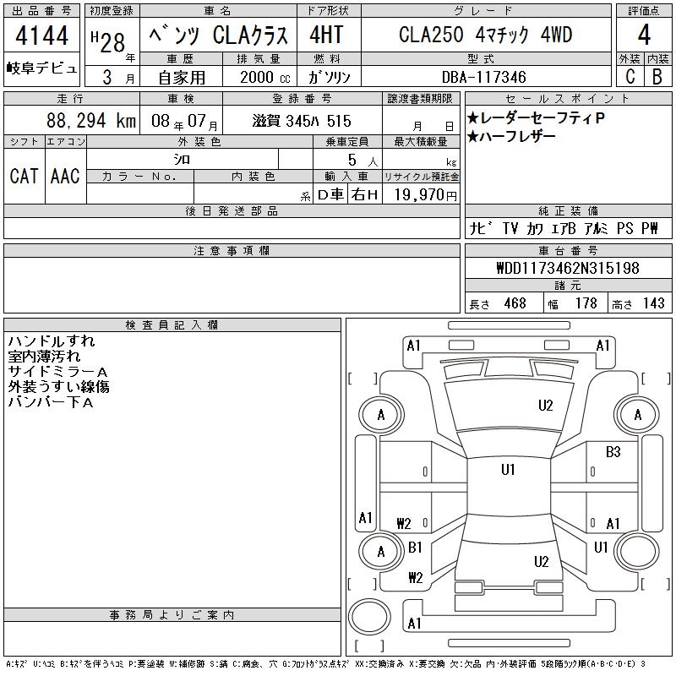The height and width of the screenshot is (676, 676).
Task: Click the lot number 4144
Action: [41, 35]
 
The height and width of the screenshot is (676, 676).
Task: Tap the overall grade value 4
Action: [644, 35]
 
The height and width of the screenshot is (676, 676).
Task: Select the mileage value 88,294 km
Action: [91, 120]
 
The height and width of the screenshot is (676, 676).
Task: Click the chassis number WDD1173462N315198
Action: [568, 268]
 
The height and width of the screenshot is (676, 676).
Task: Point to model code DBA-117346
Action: [483, 77]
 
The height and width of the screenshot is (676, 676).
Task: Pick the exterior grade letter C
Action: [630, 76]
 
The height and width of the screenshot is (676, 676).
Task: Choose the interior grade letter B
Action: [657, 76]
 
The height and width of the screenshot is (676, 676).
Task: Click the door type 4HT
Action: [326, 35]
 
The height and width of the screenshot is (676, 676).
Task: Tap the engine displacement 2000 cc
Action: [265, 77]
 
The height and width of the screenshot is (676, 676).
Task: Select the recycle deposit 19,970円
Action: [426, 194]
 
